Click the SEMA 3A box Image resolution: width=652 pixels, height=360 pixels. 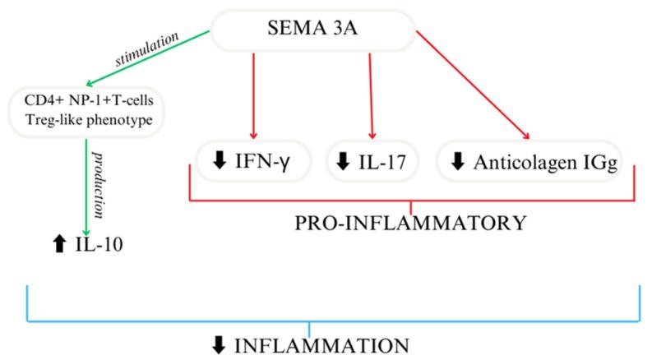click(312, 32)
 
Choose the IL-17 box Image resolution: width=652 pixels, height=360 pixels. click(372, 161)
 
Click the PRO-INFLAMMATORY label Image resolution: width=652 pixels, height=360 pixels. click(412, 222)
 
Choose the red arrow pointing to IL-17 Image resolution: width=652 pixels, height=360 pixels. click(372, 95)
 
